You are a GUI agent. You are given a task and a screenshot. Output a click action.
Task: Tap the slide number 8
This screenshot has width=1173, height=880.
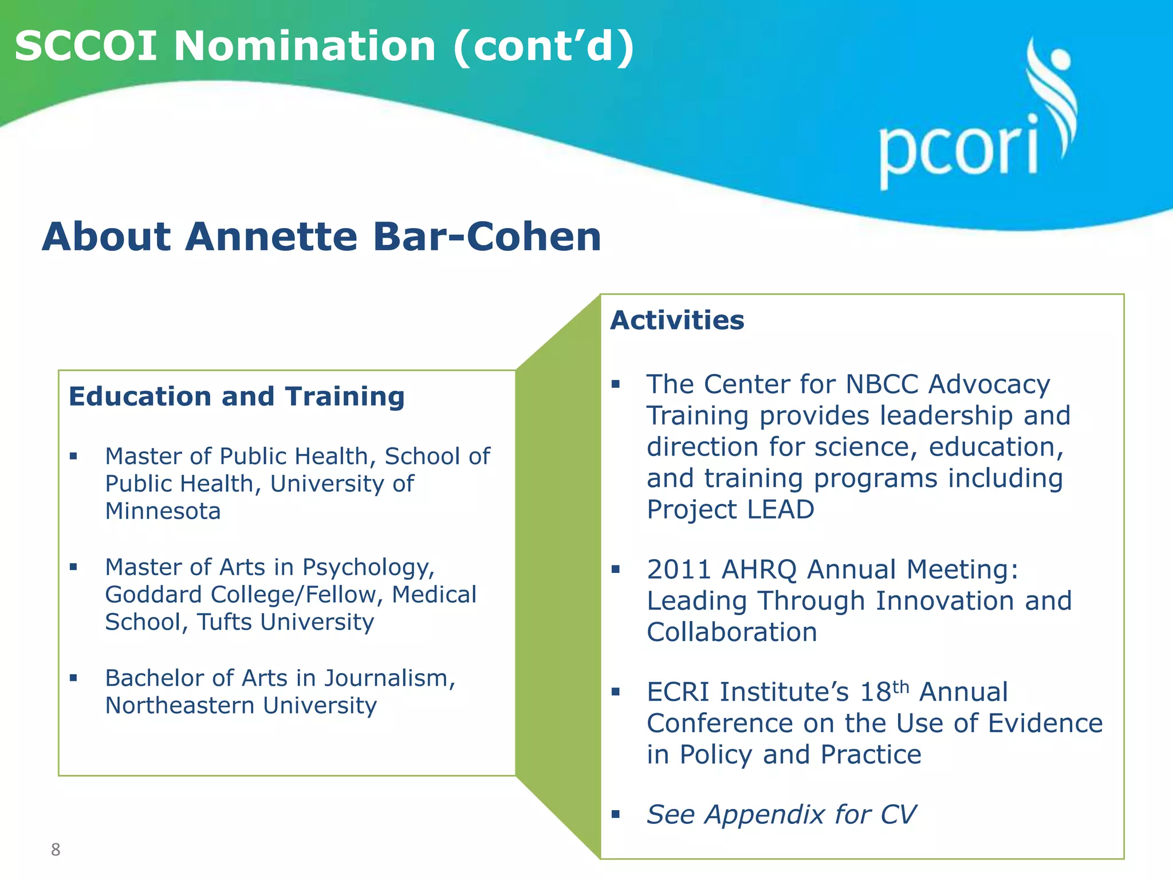click(x=56, y=849)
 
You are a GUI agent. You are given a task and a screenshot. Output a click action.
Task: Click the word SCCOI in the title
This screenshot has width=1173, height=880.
click(x=86, y=47)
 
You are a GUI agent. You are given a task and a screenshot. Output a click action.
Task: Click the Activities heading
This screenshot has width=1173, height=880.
click(x=677, y=320)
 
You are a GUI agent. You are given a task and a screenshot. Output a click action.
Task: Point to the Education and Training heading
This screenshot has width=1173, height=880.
click(x=237, y=396)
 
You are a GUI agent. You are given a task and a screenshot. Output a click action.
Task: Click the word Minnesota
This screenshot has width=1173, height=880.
click(x=163, y=511)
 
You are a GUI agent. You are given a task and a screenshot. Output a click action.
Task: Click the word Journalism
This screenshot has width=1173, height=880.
click(x=389, y=678)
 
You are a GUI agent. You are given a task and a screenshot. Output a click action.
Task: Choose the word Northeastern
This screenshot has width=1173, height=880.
click(x=180, y=706)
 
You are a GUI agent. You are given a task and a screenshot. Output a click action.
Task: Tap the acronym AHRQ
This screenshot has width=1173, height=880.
click(x=759, y=570)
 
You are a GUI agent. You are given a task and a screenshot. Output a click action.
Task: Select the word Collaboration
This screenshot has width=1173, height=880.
click(x=731, y=632)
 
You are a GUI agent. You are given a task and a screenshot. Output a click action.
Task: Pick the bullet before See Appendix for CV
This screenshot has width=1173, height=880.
click(x=616, y=814)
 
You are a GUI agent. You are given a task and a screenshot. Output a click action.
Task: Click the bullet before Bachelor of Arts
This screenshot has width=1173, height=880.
click(x=73, y=678)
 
